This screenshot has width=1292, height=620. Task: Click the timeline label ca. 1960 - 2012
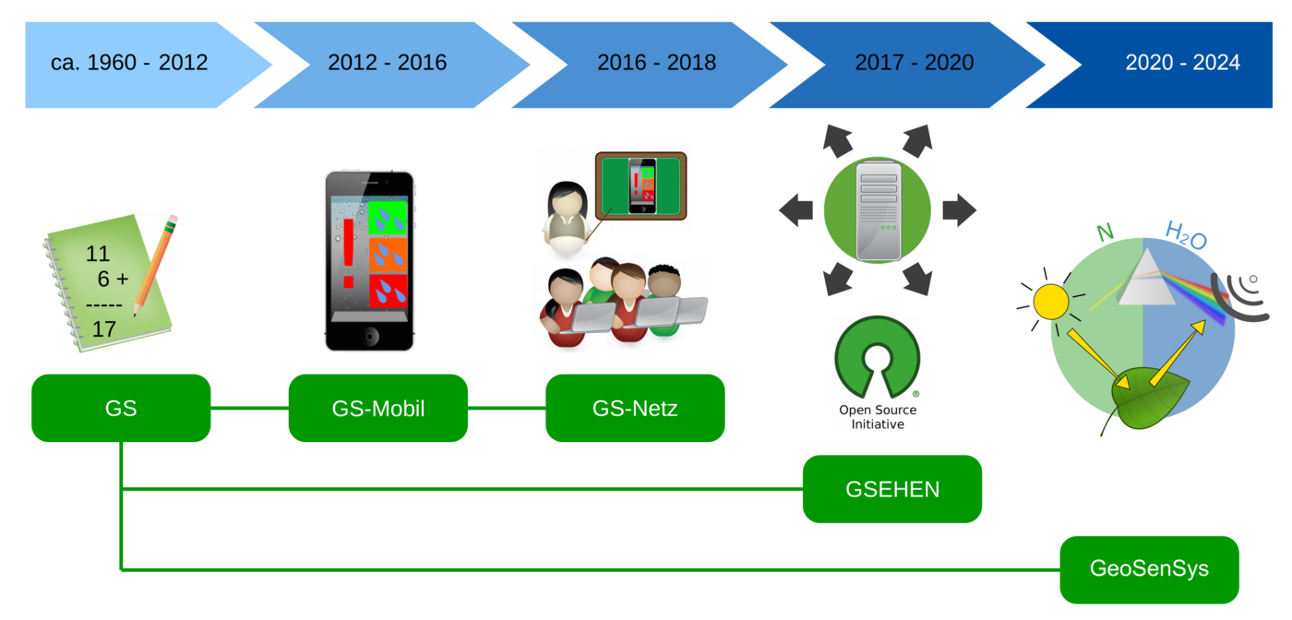click(129, 64)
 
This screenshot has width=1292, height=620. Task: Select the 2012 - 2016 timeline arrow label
click(387, 64)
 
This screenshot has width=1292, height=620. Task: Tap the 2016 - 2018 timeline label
click(656, 64)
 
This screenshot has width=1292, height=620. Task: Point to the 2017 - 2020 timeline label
click(914, 64)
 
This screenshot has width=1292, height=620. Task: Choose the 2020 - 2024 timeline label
click(1182, 64)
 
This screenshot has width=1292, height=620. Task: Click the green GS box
click(121, 408)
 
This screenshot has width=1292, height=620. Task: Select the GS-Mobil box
click(378, 408)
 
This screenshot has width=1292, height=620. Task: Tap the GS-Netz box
click(635, 408)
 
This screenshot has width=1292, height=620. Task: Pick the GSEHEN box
click(892, 489)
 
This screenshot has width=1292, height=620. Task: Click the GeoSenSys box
click(1149, 569)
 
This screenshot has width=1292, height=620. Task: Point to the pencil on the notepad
click(155, 264)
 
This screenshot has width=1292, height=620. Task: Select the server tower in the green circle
click(877, 210)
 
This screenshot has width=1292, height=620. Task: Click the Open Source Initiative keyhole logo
click(877, 355)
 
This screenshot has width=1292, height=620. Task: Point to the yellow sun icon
click(1050, 301)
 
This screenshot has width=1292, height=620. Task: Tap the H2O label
click(1186, 236)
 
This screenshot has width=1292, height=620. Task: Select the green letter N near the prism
click(1104, 232)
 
